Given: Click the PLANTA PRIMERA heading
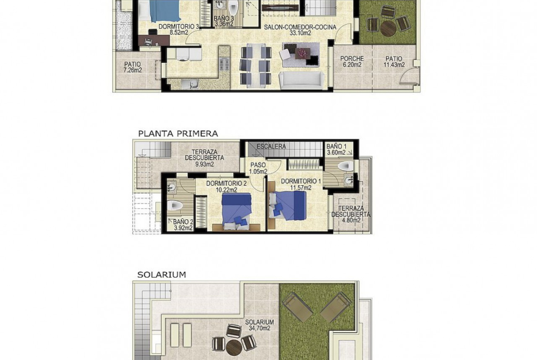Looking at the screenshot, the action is point(178,133).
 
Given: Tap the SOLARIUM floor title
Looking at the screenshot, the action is point(162,274).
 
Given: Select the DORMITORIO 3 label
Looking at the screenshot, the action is point(179,26).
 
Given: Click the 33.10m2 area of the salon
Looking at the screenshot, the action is point(300,33).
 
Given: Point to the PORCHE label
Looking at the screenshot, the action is point(352,59).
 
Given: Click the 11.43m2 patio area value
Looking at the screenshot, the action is point(394,65).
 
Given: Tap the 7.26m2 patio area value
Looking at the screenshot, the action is point(133,70).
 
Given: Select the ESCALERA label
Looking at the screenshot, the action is point(271,146).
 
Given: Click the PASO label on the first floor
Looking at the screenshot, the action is point(258,165).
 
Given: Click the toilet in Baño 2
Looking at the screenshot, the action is point(175,205).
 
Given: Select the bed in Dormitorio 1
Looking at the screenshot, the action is point(287,205).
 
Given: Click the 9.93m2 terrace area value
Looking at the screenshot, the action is point(204,164).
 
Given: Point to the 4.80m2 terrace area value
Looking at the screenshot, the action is point(352,220).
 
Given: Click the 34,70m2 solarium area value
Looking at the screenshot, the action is point(259,328).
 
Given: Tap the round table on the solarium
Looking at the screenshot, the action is point(234,347).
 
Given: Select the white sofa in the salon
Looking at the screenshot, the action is point(302,80).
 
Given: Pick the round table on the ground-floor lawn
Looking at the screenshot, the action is point(388,28).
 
